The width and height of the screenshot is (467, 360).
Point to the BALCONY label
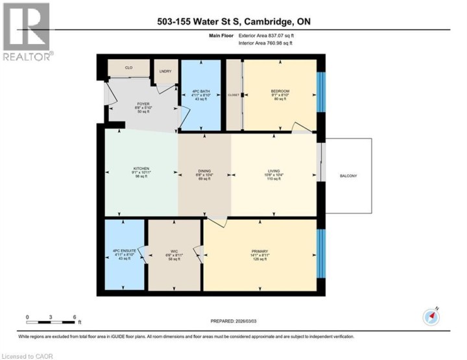click(x=348, y=176)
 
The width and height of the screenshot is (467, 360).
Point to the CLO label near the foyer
click(x=128, y=67)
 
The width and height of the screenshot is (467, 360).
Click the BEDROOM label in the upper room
click(x=280, y=91)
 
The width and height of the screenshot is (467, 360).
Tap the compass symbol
click(x=431, y=317)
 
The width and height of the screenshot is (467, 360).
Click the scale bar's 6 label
click(x=75, y=317)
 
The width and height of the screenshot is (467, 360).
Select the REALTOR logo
click(x=27, y=32)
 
